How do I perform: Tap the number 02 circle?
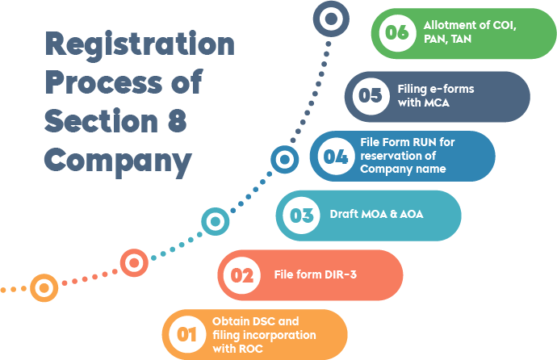coord(242,275)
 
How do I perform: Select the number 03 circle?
coord(301,216)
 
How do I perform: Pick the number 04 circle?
coord(335,156)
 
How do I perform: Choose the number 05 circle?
coord(370,96)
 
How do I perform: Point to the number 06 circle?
coord(396,33)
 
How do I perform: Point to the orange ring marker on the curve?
coord(44,287)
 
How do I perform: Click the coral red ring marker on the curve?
coord(134,262)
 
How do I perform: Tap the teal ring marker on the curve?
coord(215,220)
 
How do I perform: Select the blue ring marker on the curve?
coord(283,160)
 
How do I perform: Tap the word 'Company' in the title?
coord(118,160)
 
